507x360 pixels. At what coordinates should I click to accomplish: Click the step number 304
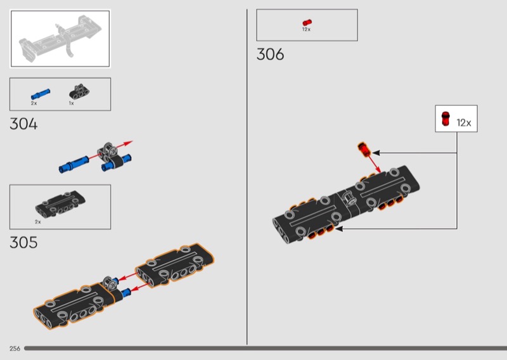pyautogui.click(x=23, y=124)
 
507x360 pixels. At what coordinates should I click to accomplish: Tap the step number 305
pyautogui.click(x=23, y=243)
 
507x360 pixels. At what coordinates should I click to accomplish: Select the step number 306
pyautogui.click(x=271, y=54)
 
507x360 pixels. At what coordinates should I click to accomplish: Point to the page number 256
pyautogui.click(x=15, y=349)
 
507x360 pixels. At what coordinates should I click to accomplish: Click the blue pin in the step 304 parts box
pyautogui.click(x=41, y=94)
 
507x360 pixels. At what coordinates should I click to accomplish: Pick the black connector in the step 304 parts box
pyautogui.click(x=79, y=92)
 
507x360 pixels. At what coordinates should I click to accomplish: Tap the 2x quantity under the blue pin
pyautogui.click(x=34, y=103)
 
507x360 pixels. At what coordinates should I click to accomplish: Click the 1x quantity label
pyautogui.click(x=71, y=103)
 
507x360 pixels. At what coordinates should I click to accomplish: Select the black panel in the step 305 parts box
pyautogui.click(x=60, y=203)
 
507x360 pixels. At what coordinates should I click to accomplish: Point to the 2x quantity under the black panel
pyautogui.click(x=38, y=222)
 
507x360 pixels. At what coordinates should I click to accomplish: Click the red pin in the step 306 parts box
pyautogui.click(x=307, y=22)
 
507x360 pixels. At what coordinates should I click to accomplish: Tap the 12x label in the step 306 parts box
pyautogui.click(x=306, y=29)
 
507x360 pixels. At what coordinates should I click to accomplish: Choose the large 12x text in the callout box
pyautogui.click(x=464, y=123)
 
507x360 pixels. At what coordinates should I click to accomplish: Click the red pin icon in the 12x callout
pyautogui.click(x=446, y=119)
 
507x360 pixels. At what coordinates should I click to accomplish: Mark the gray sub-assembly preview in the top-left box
pyautogui.click(x=60, y=38)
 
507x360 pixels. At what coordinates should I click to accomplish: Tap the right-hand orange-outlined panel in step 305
pyautogui.click(x=175, y=265)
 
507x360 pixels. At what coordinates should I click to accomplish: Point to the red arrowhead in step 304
pyautogui.click(x=129, y=143)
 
